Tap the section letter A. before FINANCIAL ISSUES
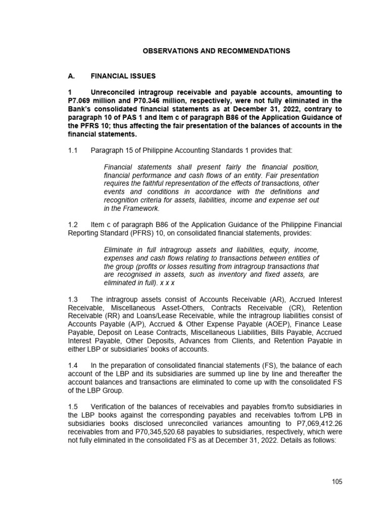tap(72, 76)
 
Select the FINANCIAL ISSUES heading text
tap(123, 76)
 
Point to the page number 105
tap(337, 482)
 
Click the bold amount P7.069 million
tap(91, 101)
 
